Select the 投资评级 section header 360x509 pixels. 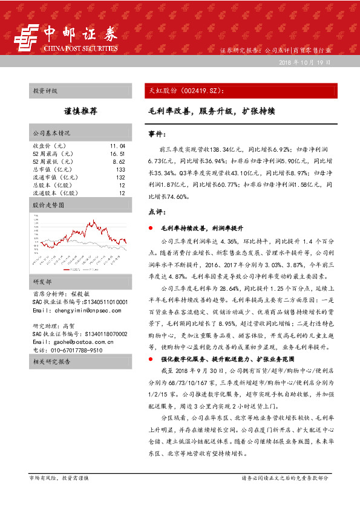pyautogui.click(x=45, y=91)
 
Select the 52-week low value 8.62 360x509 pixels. pyautogui.click(x=119, y=162)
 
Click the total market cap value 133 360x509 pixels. pyautogui.click(x=120, y=170)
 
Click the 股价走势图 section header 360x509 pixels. pyautogui.click(x=48, y=206)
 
